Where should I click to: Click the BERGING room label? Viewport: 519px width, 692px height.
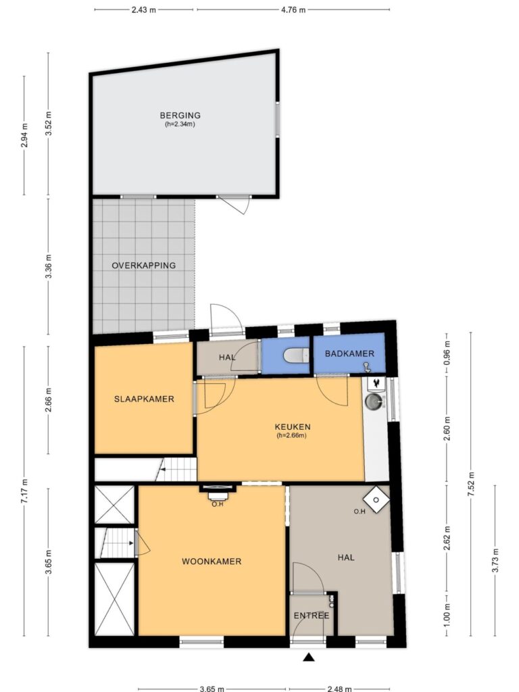coord(180,115)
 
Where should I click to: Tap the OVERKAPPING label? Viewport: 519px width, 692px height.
coord(143,265)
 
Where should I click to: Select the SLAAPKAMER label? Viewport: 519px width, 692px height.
coord(144,399)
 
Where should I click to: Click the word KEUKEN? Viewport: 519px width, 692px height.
coord(293,427)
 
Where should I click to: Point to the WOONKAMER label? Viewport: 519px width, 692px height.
coord(212,562)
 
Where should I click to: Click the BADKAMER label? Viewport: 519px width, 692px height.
coord(349,353)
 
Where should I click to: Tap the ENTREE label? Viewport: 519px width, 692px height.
coord(312,616)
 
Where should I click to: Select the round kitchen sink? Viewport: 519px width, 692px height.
coord(374,401)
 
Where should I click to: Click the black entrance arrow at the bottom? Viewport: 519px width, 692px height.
coord(309,658)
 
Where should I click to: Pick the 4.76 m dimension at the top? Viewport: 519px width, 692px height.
coord(293,9)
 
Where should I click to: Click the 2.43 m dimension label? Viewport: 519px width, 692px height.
coord(144,9)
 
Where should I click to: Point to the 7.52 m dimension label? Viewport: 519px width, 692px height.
coord(471,485)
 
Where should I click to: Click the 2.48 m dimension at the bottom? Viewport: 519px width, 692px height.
coord(339,688)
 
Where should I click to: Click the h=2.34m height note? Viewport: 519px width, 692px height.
coord(180,124)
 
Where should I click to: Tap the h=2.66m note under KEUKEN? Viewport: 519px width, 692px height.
coord(292,435)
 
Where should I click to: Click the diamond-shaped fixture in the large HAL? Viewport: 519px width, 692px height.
coord(376,499)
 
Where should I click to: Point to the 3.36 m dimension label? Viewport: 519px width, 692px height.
coord(49,266)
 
